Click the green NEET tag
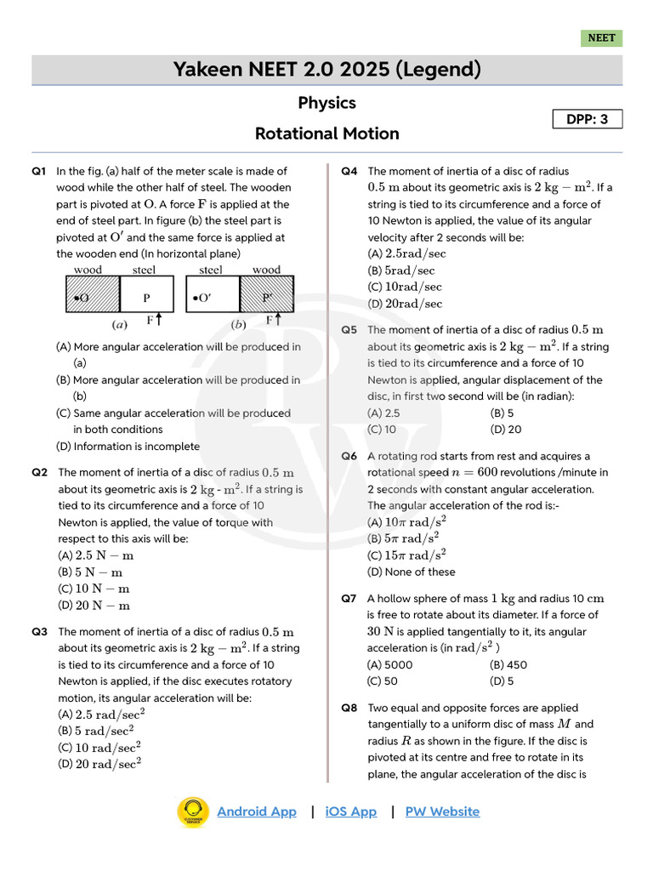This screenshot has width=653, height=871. [601, 38]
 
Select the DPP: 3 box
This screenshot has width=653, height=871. [588, 119]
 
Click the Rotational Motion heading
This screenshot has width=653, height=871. [326, 134]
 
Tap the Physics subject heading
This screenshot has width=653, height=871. [326, 103]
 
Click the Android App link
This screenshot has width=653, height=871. [257, 811]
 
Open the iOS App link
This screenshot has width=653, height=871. [350, 811]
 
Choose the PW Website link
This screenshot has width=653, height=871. [442, 811]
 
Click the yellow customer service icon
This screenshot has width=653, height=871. [193, 811]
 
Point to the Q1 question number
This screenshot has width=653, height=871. [39, 171]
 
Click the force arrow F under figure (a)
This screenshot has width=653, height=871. [158, 320]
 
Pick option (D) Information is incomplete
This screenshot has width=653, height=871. [128, 447]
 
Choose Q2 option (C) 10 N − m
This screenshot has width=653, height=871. [94, 589]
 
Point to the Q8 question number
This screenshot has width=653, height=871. [349, 708]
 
